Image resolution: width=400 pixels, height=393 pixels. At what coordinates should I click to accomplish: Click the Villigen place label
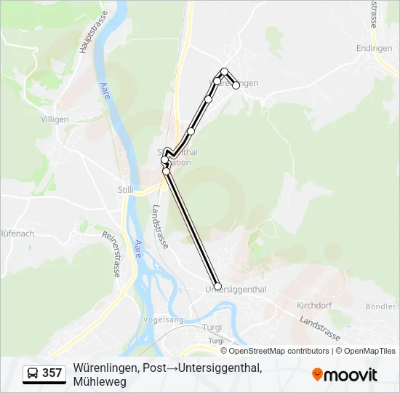click(55, 119)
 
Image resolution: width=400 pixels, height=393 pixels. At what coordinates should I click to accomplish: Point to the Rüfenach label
click(17, 234)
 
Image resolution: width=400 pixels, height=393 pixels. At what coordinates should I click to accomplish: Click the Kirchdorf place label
click(315, 305)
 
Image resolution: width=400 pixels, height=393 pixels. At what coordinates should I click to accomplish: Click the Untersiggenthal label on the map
click(236, 290)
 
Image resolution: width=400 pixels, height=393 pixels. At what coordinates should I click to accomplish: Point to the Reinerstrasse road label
click(111, 254)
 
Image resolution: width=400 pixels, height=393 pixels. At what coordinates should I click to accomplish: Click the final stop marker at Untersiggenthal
click(217, 286)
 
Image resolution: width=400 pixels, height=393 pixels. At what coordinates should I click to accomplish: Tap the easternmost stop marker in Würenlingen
click(236, 85)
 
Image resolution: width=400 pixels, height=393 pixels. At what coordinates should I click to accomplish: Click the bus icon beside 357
click(33, 373)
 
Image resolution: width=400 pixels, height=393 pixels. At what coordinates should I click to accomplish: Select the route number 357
click(52, 373)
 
